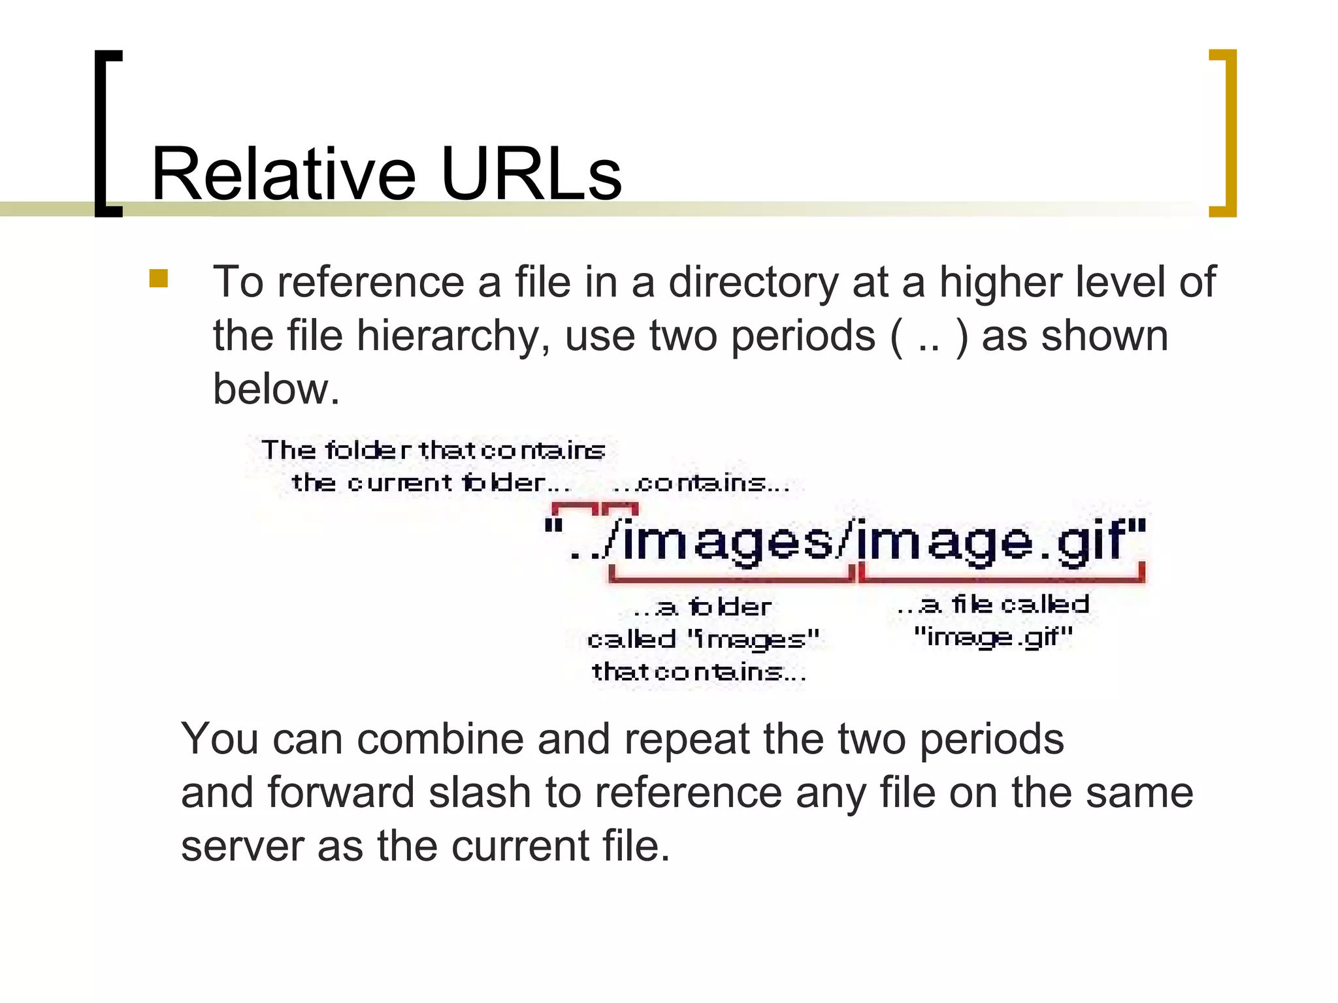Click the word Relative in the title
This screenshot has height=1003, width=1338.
pos(283,174)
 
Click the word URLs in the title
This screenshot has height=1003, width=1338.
pos(531,174)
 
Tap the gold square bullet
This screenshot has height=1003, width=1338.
pos(158,279)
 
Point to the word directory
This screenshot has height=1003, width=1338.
pos(753,283)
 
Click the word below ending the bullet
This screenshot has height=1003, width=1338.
pos(276,389)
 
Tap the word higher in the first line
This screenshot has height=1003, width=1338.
pos(1001,282)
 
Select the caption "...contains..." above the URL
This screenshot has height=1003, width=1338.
pos(701,484)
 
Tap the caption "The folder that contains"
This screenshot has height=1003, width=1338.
pos(433,450)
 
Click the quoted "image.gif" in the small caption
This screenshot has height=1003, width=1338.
pos(993,636)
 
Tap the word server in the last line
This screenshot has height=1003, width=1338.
pos(242,846)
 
